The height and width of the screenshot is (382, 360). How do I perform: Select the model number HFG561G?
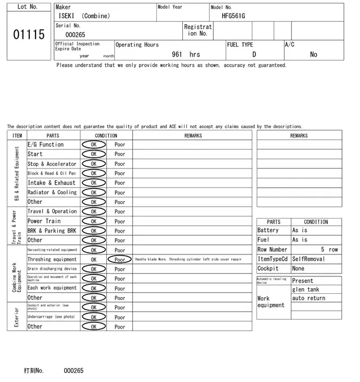click(233, 16)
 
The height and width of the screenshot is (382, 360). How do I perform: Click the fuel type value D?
click(254, 54)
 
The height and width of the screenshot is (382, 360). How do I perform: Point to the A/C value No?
click(313, 54)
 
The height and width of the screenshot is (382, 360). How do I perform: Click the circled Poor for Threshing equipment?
click(120, 260)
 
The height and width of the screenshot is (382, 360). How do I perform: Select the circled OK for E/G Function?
click(93, 144)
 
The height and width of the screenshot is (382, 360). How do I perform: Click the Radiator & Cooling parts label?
click(52, 192)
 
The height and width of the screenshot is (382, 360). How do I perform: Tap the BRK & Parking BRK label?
click(52, 230)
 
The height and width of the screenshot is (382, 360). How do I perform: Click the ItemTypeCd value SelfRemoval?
click(308, 259)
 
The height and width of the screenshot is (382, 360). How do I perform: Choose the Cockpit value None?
click(298, 269)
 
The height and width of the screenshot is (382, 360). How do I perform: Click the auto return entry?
click(309, 298)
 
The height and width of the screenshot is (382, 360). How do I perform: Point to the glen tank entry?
click(305, 289)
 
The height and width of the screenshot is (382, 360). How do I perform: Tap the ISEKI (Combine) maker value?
click(84, 16)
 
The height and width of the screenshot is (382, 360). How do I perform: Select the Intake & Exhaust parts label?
click(51, 183)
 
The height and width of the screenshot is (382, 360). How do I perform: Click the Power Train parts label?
click(44, 221)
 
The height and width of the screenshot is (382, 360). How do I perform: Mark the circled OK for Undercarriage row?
click(93, 317)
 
